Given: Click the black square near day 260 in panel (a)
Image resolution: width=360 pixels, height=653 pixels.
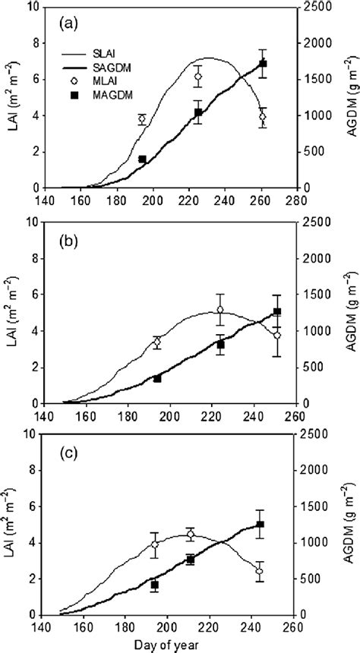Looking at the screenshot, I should (x=263, y=64).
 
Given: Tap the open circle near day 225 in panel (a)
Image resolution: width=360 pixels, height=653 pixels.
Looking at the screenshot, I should (x=198, y=77).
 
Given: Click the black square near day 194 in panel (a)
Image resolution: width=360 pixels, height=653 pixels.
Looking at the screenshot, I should (x=142, y=159).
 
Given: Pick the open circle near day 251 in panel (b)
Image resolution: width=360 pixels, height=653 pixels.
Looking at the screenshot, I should (x=277, y=335).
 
